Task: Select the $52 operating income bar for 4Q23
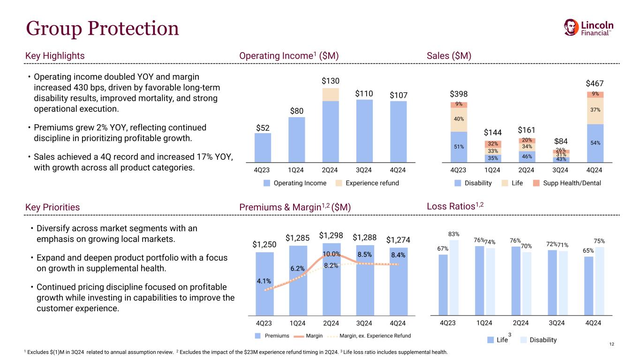[x=263, y=147]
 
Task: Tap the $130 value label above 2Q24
[x=331, y=81]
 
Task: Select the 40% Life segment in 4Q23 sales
[x=458, y=120]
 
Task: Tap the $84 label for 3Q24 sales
[x=561, y=141]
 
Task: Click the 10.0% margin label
[x=331, y=254]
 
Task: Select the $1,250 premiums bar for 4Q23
[x=264, y=284]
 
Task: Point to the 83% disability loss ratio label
[x=453, y=234]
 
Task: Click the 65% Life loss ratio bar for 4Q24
[x=588, y=285]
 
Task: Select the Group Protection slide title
[x=102, y=29]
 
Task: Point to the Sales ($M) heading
[x=449, y=56]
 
